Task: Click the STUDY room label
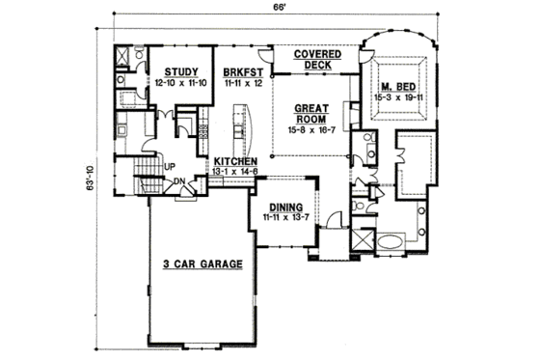(x=182, y=71)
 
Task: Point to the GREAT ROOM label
(x=309, y=112)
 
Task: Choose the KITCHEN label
(x=234, y=161)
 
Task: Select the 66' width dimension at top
(x=276, y=8)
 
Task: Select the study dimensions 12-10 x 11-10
(x=182, y=84)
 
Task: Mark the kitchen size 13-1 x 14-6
(x=234, y=172)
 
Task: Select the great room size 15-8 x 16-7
(x=309, y=128)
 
